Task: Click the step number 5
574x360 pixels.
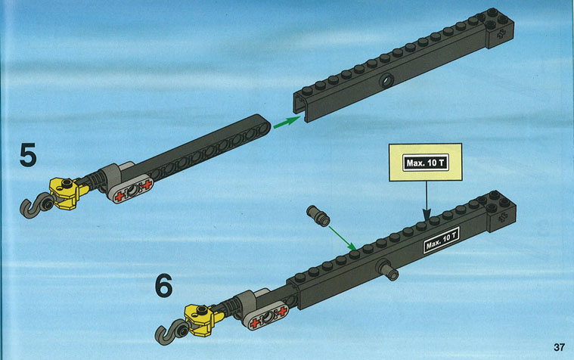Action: click(x=28, y=154)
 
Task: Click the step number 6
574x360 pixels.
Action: click(x=163, y=286)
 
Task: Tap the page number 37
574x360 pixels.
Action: click(x=559, y=347)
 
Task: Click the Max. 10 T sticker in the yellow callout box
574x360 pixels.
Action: click(x=426, y=163)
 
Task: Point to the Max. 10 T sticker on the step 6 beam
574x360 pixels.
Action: click(x=441, y=241)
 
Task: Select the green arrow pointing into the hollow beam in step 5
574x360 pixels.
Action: click(x=287, y=122)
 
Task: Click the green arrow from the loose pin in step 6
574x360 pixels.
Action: click(x=343, y=238)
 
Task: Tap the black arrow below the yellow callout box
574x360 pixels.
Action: click(x=427, y=200)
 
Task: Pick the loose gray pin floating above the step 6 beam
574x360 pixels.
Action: click(x=318, y=216)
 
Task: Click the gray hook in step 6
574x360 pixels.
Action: click(x=169, y=331)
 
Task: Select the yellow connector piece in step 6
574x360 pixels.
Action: click(x=203, y=319)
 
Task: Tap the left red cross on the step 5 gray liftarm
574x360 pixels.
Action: click(x=119, y=197)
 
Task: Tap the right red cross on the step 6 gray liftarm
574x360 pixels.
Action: click(x=282, y=312)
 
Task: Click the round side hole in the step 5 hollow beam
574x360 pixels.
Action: click(x=386, y=79)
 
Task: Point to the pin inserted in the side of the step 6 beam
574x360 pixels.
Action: click(x=389, y=270)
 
